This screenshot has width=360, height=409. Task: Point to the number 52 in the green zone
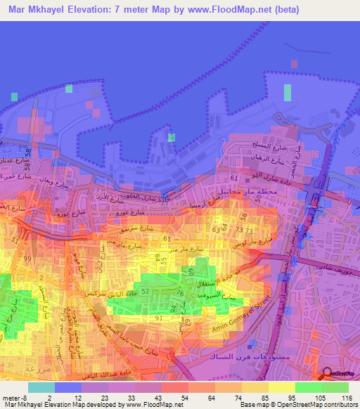click(x=146, y=290)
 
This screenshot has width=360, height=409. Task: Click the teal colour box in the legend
click(x=41, y=387)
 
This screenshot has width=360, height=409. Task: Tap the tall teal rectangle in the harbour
click(x=287, y=93)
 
